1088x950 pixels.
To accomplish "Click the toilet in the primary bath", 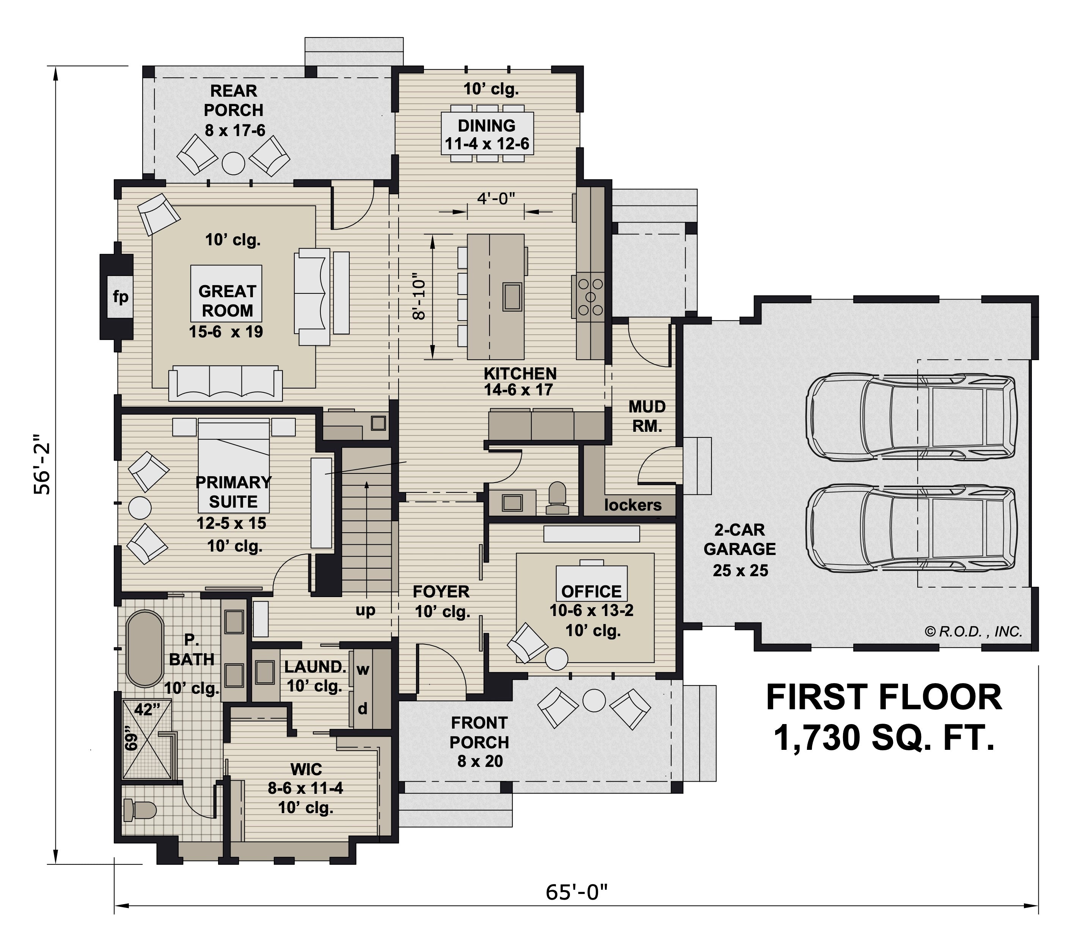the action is coord(140,810).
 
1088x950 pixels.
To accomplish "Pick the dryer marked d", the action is coord(363,709).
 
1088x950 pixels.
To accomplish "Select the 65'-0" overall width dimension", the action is coord(576,892).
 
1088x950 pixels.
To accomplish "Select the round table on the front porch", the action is coord(594,700).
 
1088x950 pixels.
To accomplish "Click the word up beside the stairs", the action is coord(365,611).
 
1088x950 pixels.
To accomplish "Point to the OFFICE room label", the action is coord(591,591).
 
